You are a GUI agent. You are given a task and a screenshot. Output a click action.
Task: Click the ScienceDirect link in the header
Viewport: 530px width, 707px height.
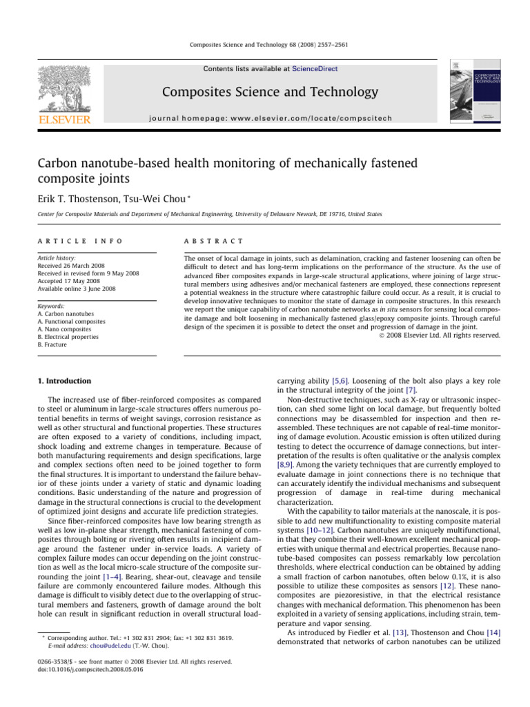click(x=316, y=69)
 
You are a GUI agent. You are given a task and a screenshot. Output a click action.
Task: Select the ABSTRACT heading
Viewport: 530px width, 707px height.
click(x=211, y=241)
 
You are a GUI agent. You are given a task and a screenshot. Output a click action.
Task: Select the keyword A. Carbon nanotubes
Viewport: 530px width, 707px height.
click(x=71, y=313)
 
